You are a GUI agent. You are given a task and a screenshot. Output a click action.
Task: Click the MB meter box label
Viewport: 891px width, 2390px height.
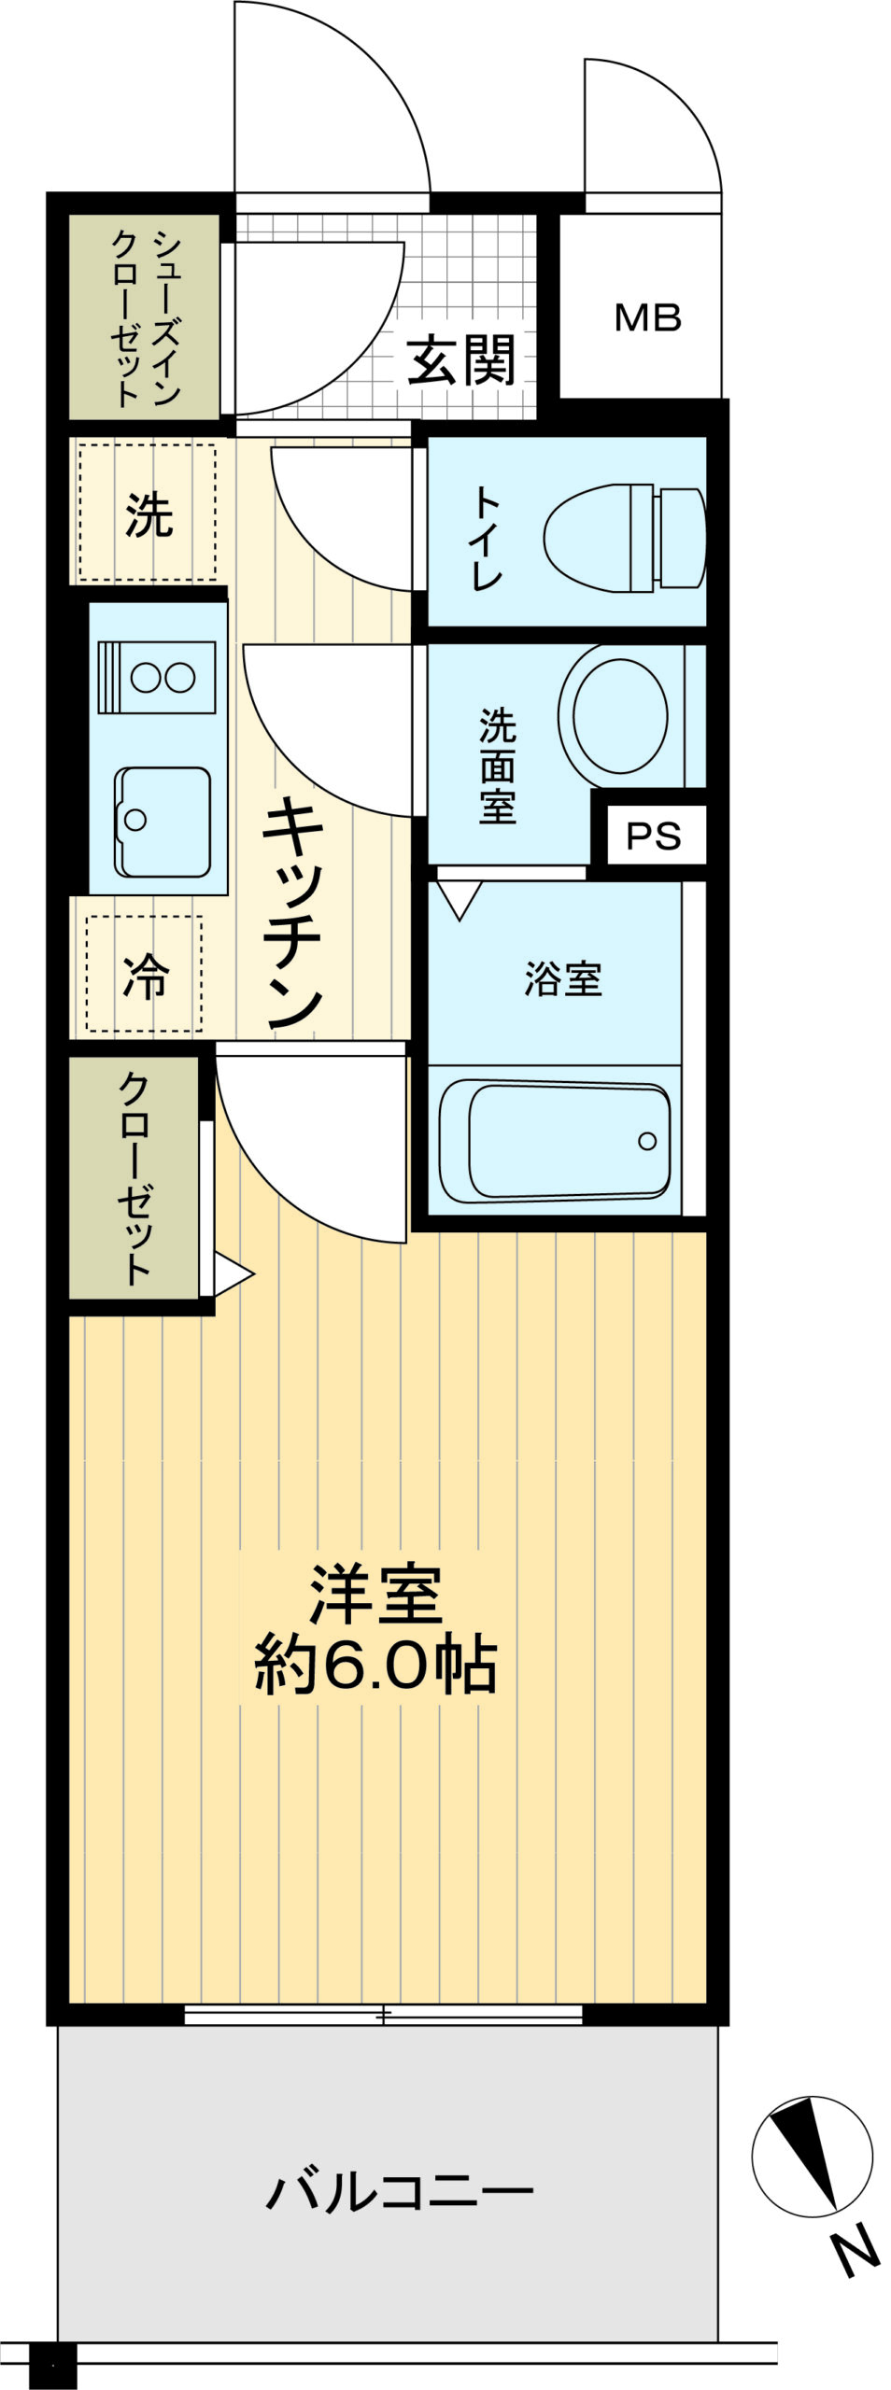click(647, 318)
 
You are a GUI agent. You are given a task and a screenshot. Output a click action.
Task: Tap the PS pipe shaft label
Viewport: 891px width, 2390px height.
click(653, 836)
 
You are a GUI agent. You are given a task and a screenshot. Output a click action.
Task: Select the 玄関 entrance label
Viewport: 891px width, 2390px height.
click(460, 360)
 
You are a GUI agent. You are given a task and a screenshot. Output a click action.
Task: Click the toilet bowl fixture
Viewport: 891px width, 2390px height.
click(624, 538)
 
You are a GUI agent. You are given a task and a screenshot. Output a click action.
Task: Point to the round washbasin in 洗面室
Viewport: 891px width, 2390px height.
click(620, 716)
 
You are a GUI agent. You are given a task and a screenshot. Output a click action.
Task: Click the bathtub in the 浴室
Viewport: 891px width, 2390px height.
click(555, 1140)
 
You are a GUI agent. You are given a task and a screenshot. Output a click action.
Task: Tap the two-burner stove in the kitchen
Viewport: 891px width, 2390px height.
click(157, 677)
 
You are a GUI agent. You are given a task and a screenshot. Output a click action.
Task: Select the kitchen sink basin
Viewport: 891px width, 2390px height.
click(163, 822)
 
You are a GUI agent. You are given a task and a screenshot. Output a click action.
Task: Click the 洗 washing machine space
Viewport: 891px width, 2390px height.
click(148, 512)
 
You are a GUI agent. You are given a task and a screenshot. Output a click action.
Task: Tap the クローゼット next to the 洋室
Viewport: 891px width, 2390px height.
click(134, 1176)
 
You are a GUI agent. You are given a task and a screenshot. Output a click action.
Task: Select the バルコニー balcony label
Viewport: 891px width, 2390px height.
click(400, 2191)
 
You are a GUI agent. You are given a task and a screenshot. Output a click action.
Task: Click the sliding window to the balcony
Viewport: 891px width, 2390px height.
click(383, 2015)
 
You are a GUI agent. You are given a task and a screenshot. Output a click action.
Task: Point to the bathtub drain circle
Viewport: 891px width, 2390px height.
click(647, 1140)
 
